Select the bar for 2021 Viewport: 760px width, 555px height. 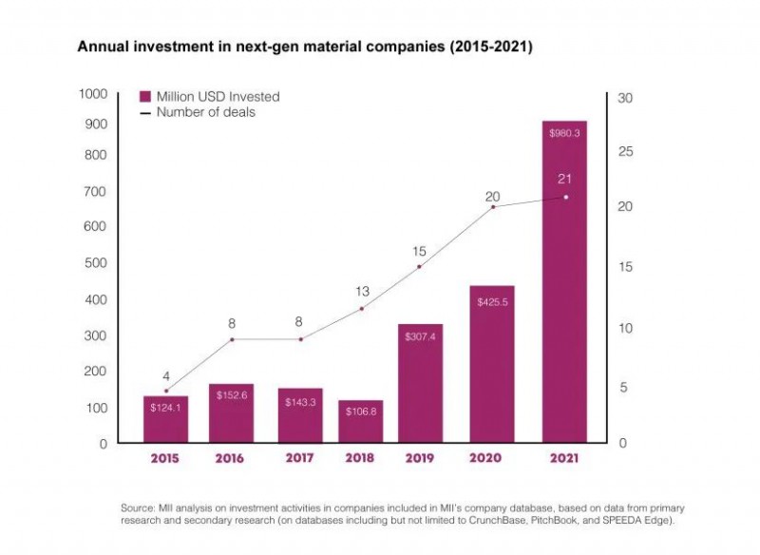564,285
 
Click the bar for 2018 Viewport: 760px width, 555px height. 361,422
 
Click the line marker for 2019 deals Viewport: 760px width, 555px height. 420,267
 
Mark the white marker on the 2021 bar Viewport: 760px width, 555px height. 566,197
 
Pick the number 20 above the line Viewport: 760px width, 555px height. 492,197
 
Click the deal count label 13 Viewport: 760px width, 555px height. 362,291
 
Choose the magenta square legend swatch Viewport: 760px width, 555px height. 145,97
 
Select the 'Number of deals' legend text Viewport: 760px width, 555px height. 206,112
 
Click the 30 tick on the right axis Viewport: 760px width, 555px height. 624,98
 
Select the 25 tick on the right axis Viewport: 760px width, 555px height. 624,152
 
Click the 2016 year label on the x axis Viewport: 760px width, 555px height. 229,459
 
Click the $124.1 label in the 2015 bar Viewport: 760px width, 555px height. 166,408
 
